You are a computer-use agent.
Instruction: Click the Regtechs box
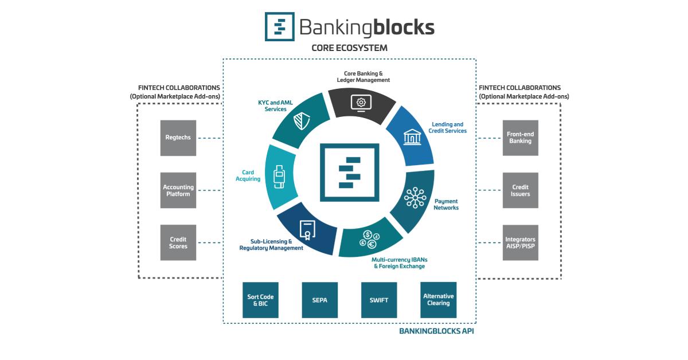(x=178, y=138)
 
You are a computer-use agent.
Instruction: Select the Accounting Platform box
(x=178, y=190)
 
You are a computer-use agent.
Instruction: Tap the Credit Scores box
(x=178, y=242)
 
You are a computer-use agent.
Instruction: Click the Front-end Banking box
(x=520, y=138)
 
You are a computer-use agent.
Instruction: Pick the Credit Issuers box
(x=520, y=190)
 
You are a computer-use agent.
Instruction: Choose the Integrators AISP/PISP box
(x=520, y=242)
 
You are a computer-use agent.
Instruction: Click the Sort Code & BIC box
(x=260, y=300)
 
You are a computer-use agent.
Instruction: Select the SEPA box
(x=319, y=300)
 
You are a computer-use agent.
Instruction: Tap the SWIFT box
(x=378, y=300)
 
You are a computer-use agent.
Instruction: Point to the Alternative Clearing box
(x=438, y=300)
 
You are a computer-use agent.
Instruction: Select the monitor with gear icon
(x=361, y=103)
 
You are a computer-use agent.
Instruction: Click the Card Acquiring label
(x=248, y=175)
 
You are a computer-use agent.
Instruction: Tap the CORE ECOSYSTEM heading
(x=349, y=48)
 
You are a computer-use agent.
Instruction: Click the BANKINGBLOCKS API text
(x=436, y=331)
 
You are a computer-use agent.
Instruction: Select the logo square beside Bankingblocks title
(x=279, y=26)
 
